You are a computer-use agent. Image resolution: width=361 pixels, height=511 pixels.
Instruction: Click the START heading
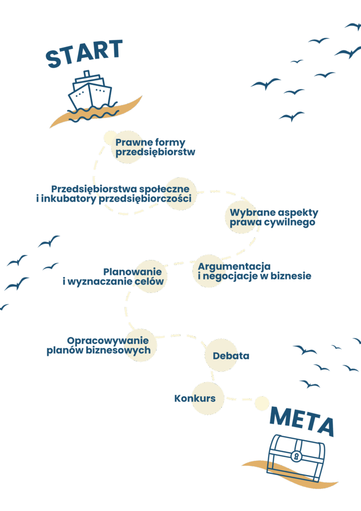click(84, 53)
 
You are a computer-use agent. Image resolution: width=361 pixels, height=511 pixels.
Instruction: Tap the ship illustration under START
click(90, 90)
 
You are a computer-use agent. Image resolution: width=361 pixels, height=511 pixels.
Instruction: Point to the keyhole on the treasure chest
click(297, 456)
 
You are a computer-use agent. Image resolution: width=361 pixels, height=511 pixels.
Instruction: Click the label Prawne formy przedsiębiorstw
click(155, 147)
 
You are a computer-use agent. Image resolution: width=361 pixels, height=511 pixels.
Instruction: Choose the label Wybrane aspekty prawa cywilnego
click(274, 218)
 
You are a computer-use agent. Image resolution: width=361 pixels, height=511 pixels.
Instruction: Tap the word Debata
click(231, 356)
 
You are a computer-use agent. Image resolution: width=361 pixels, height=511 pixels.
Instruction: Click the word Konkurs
click(195, 399)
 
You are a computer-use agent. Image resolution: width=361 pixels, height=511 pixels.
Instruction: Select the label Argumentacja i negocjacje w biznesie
click(254, 271)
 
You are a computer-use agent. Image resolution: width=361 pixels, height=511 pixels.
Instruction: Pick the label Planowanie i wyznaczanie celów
click(113, 276)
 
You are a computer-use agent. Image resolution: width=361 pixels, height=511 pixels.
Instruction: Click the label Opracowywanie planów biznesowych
click(99, 345)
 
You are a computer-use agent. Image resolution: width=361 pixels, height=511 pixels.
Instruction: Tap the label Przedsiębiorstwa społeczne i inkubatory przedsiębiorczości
click(114, 194)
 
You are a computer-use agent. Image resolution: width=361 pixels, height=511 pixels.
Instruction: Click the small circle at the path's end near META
click(262, 403)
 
